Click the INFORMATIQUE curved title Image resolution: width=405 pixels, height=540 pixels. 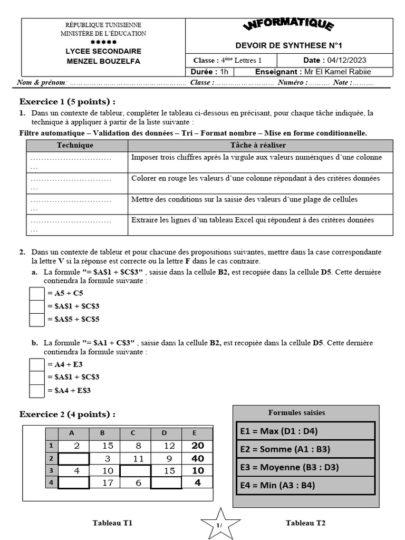pos(288,26)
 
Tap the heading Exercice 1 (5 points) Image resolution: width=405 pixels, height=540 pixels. pos(67,101)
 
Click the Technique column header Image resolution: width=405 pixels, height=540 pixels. pos(75,145)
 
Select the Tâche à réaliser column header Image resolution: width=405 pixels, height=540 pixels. pos(258,145)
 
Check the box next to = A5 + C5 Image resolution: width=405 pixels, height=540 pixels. pos(37,293)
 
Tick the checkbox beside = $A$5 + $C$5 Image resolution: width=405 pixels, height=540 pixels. pos(37,319)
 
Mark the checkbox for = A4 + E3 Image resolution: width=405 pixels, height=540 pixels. pos(37,364)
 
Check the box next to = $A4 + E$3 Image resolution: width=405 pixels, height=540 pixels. pos(37,390)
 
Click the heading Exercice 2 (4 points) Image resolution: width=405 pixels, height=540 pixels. pos(67,414)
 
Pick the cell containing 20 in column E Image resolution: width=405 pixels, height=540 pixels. pos(197,446)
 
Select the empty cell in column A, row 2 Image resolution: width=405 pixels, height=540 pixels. pos(74,458)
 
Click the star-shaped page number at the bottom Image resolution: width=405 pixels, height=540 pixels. pos(220,524)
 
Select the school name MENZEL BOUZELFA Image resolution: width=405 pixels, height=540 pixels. pos(103,61)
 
